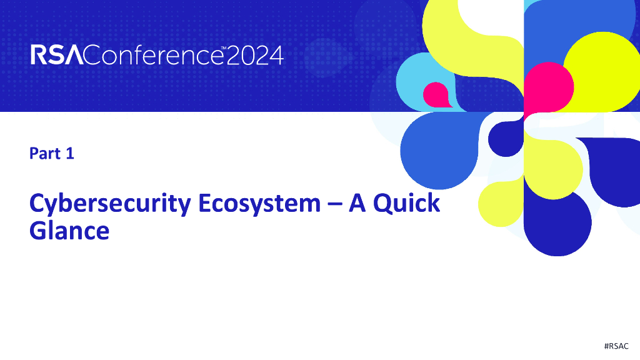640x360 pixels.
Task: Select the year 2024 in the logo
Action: click(254, 56)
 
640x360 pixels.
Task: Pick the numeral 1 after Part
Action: click(70, 153)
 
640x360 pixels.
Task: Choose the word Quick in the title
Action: click(407, 204)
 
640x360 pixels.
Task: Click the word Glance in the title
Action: click(69, 231)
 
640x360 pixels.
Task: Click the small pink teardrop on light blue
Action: click(436, 94)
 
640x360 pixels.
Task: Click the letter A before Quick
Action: click(357, 204)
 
